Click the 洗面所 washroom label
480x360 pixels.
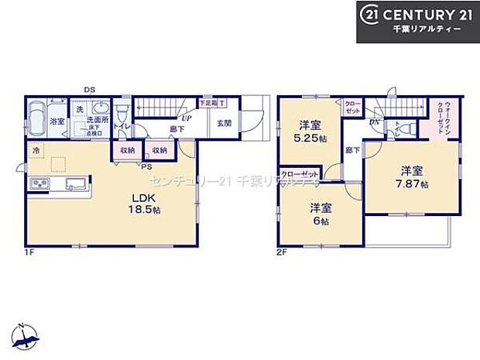pyautogui.click(x=96, y=122)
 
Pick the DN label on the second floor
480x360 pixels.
pyautogui.click(x=375, y=122)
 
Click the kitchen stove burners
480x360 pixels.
pyautogui.click(x=39, y=183)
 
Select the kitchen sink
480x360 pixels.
pyautogui.click(x=75, y=183)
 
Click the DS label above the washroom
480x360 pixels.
pyautogui.click(x=90, y=90)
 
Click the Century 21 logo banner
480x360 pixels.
pyautogui.click(x=417, y=21)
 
